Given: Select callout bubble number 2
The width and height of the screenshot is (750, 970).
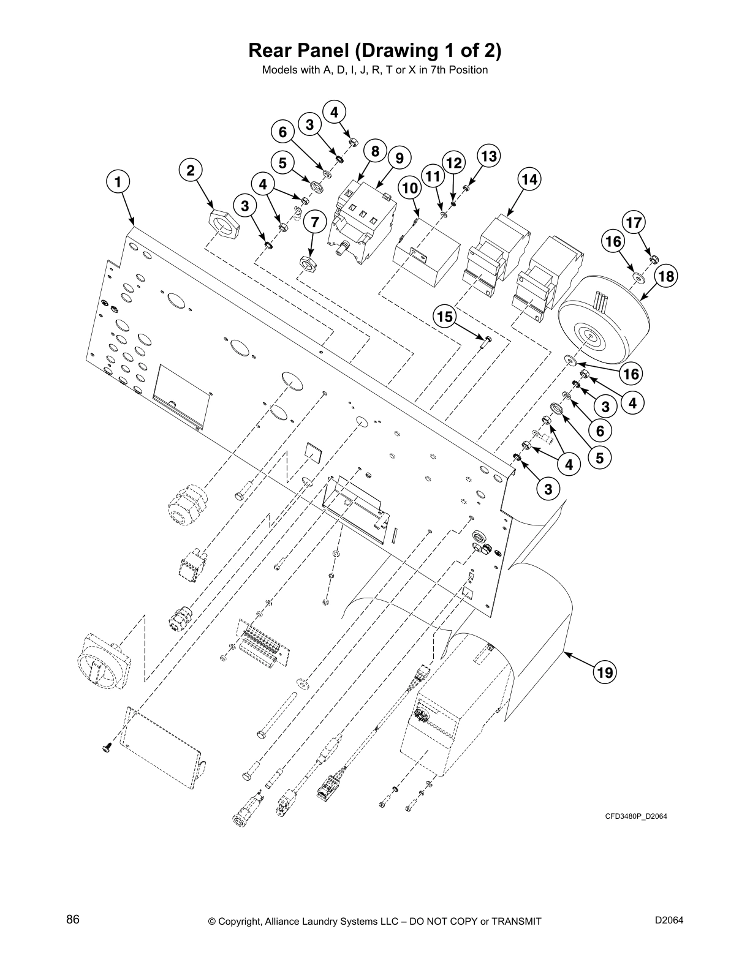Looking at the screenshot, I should click(191, 170).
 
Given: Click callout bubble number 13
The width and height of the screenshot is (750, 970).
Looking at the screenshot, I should click(488, 156).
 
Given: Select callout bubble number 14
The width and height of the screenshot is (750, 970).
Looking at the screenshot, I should click(529, 179).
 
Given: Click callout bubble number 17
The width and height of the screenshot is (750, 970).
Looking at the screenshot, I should click(634, 222).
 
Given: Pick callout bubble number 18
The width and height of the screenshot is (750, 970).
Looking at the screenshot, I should click(666, 277).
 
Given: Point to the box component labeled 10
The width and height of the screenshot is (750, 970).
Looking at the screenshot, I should click(426, 264).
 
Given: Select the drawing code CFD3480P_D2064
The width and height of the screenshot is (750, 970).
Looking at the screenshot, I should click(635, 816).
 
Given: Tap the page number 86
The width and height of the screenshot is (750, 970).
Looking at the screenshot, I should click(73, 920).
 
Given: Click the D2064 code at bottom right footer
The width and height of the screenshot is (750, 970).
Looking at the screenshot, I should click(669, 920).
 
